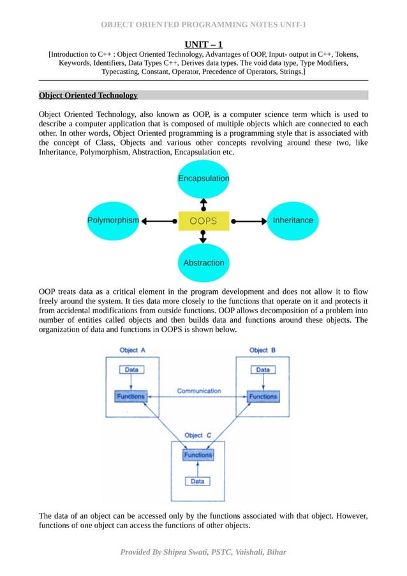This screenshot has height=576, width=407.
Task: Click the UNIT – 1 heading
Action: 204,44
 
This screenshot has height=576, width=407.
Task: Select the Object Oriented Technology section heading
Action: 88,95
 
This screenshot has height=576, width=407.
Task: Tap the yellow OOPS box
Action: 203,221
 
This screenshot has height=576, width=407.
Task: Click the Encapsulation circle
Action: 203,178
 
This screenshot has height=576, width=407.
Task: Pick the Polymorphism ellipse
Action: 113,221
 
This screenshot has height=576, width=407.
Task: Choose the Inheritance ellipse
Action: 293,221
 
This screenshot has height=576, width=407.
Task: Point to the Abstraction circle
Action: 203,262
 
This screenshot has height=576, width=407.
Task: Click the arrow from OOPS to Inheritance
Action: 249,221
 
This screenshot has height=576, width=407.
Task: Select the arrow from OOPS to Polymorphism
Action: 158,221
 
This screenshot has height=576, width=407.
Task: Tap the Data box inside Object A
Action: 131,369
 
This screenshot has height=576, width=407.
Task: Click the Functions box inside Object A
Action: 131,396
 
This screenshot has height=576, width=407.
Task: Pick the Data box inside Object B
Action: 262,369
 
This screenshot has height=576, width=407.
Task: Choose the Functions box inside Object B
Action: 262,396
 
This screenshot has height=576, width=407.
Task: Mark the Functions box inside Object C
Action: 198,455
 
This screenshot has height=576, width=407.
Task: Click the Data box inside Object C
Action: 198,481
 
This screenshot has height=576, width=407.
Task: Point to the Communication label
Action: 198,390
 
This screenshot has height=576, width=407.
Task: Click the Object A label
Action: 133,350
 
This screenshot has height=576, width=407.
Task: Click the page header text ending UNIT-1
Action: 204,25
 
